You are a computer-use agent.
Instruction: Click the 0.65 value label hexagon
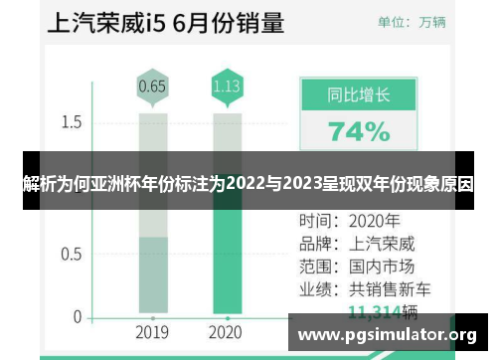pyautogui.click(x=152, y=87)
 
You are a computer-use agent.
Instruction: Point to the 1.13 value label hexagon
pyautogui.click(x=227, y=87)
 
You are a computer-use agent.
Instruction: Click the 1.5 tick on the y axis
pyautogui.click(x=71, y=122)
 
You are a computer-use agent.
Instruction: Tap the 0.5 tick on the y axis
pyautogui.click(x=71, y=253)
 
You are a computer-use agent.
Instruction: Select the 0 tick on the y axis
pyautogui.click(x=77, y=316)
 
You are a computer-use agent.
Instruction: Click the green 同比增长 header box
pyautogui.click(x=359, y=95)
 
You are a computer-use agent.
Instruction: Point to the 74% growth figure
pyautogui.click(x=359, y=131)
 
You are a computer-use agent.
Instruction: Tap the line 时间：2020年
pyautogui.click(x=349, y=221)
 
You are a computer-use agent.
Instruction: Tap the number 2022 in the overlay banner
pyautogui.click(x=246, y=184)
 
